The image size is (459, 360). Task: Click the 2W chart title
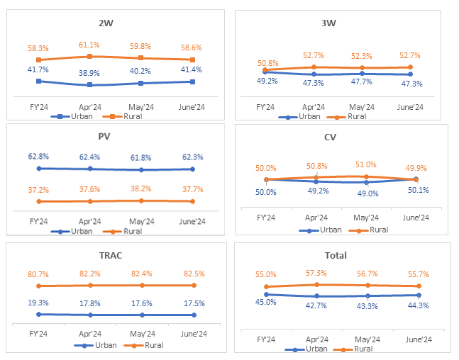tap(106, 23)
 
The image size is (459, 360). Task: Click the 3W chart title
tap(329, 23)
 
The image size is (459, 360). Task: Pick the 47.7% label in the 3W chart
tap(361, 83)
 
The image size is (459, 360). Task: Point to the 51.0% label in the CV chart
tap(366, 165)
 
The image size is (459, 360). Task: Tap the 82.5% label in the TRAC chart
tap(193, 274)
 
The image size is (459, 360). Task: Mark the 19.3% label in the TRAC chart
tap(38, 303)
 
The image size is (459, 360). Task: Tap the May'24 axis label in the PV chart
tap(141, 222)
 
